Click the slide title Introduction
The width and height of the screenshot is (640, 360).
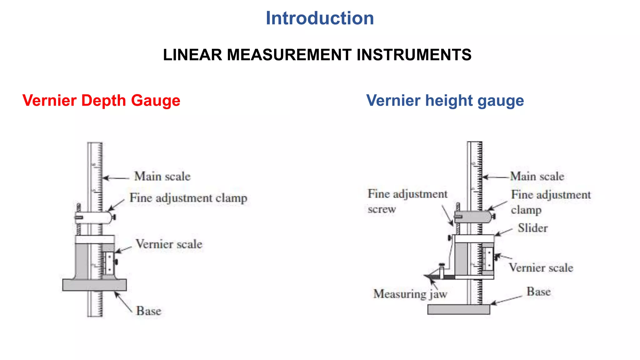click(x=320, y=18)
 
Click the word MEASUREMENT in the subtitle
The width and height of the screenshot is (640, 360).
click(x=289, y=55)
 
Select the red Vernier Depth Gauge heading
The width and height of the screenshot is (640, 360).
click(x=101, y=101)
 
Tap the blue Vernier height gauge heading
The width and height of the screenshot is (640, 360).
click(x=445, y=101)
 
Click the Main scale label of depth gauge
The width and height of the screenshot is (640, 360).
click(x=162, y=177)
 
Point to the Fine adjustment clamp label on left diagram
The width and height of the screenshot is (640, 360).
click(x=188, y=198)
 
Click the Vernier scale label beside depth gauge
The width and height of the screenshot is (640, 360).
click(x=169, y=244)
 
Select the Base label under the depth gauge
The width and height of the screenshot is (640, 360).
click(x=148, y=311)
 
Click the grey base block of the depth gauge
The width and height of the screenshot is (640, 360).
click(x=94, y=285)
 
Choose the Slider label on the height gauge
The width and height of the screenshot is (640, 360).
click(x=532, y=228)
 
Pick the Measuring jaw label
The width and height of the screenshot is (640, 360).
click(x=410, y=294)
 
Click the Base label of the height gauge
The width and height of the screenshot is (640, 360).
click(x=538, y=292)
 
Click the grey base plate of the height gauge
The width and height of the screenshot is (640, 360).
click(x=458, y=310)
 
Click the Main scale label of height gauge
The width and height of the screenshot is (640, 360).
click(x=537, y=177)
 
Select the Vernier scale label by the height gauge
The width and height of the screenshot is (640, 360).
click(x=541, y=268)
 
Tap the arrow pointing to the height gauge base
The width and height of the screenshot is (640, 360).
click(x=506, y=300)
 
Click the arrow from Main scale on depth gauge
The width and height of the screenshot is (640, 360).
click(x=116, y=178)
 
